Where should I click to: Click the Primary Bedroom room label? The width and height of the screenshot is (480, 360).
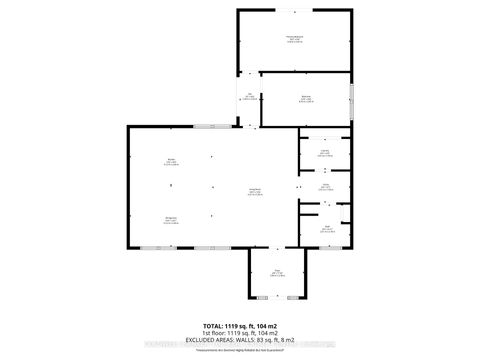pyautogui.click(x=294, y=39)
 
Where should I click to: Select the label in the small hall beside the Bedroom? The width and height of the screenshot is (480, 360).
pyautogui.click(x=249, y=98)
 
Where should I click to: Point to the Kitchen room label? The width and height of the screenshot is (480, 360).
pyautogui.click(x=171, y=163)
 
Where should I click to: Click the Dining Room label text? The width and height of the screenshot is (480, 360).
pyautogui.click(x=171, y=220)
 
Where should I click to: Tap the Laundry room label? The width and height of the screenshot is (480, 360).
pyautogui.click(x=324, y=153)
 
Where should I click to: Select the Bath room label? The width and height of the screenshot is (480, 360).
pyautogui.click(x=326, y=229)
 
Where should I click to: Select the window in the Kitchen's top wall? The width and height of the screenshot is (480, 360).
pyautogui.click(x=210, y=126)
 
